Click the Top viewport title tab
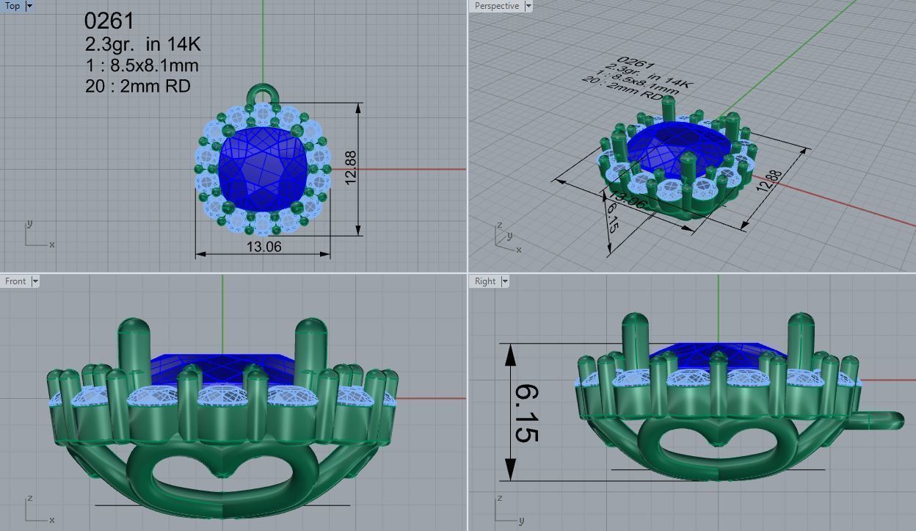click(x=12, y=6)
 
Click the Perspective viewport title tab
click(x=496, y=6)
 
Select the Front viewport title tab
click(x=15, y=281)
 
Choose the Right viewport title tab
click(x=485, y=281)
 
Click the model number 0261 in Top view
click(x=109, y=21)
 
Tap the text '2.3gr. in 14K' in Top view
click(x=142, y=45)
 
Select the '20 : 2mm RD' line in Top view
click(x=137, y=86)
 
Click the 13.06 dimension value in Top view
click(x=263, y=247)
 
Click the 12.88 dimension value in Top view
click(x=351, y=168)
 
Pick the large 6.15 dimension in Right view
click(x=524, y=413)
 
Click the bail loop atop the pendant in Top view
click(x=263, y=94)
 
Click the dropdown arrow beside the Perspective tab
click(x=528, y=6)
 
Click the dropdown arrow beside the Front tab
click(x=34, y=281)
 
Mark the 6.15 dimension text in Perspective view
click(x=611, y=217)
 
